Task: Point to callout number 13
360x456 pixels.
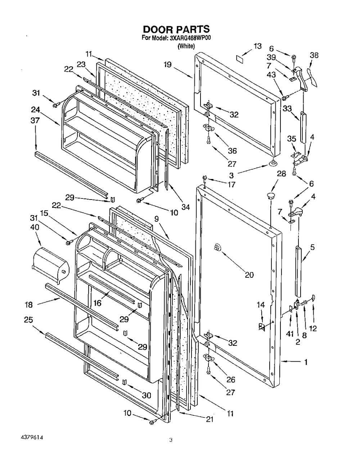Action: point(257,46)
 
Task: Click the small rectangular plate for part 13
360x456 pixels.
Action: point(240,58)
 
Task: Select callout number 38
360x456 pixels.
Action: point(314,55)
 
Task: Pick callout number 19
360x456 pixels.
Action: point(168,64)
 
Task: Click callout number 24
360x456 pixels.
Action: point(35,110)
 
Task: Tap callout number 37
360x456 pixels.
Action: point(35,120)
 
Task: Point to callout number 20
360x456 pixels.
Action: point(249,275)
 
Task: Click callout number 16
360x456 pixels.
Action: point(98,303)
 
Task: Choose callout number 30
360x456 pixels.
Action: point(146,395)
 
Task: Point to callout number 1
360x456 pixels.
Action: point(306,362)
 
